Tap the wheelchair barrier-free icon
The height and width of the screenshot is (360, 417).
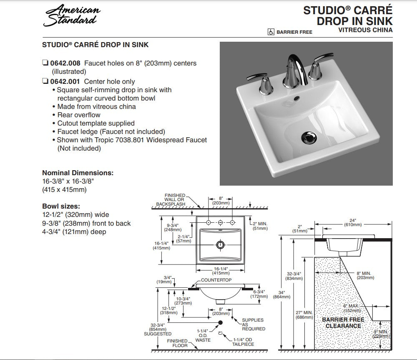tap(271, 32)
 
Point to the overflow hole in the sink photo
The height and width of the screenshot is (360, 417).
tap(296, 98)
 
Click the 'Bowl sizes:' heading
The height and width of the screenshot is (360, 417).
tap(61, 206)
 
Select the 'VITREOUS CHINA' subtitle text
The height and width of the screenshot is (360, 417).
tap(365, 30)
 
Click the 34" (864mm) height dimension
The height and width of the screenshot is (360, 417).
tap(281, 295)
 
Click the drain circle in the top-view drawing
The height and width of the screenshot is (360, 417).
tap(220, 245)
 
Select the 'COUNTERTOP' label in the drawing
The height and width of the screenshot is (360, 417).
tap(216, 280)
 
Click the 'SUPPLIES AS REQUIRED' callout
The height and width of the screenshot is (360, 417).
tap(253, 324)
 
